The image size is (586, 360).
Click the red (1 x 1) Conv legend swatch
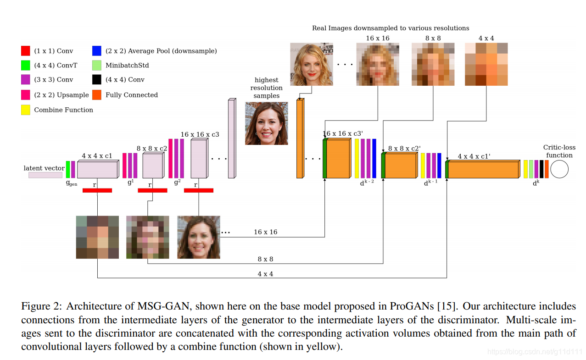click(x=26, y=51)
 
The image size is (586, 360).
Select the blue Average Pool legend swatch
click(x=96, y=51)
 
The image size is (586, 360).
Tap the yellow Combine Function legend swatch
click(x=26, y=110)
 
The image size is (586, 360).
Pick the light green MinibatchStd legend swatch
click(x=96, y=66)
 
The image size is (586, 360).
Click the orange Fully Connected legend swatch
click(x=96, y=95)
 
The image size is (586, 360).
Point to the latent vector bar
click(x=45, y=175)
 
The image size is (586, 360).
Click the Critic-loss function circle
click(x=559, y=170)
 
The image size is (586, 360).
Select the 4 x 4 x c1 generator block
click(x=97, y=169)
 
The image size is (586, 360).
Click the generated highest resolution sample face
click(x=266, y=123)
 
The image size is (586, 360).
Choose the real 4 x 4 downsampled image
click(x=486, y=64)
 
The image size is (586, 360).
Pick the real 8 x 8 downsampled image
click(x=433, y=64)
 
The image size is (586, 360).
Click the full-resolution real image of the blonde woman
click(x=311, y=64)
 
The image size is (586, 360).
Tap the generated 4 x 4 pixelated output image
click(x=97, y=237)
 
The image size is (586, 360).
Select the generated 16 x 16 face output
click(x=198, y=237)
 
